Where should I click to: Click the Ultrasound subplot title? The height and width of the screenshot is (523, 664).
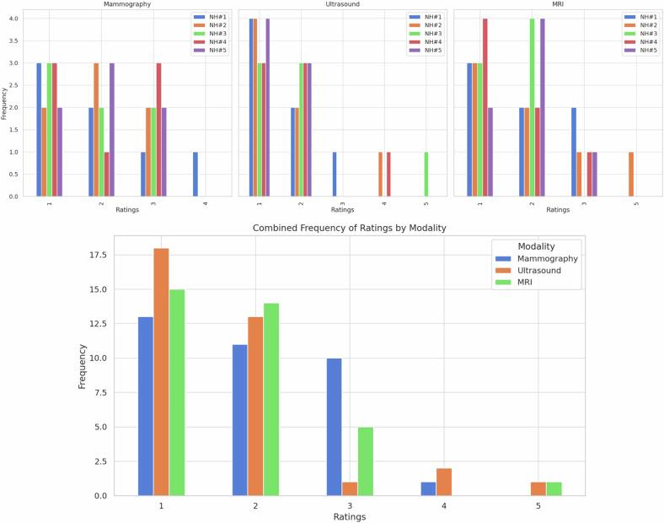point(343,4)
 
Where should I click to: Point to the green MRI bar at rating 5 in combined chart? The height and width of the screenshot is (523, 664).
point(554,489)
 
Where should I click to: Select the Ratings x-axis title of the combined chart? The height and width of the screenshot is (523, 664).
point(349,515)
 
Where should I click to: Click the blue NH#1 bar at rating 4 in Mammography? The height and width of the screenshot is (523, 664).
point(195,175)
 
